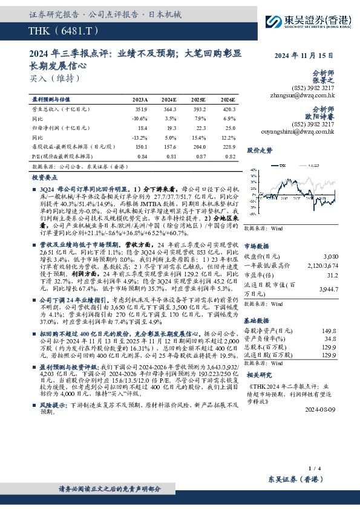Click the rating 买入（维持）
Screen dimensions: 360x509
[54, 78]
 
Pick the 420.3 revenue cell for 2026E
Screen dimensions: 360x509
[228, 109]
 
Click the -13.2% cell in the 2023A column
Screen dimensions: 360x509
[139, 138]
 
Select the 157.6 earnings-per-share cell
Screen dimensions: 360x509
[169, 147]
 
